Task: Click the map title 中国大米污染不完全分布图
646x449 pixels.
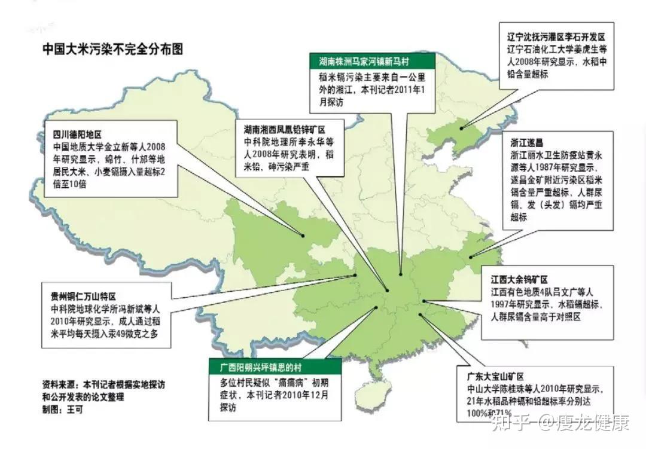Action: click(112, 50)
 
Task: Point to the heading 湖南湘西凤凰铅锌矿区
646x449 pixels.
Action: click(284, 130)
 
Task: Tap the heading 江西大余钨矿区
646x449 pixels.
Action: click(519, 280)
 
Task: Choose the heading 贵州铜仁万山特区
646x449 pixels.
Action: click(83, 297)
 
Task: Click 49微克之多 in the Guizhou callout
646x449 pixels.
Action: click(138, 334)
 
